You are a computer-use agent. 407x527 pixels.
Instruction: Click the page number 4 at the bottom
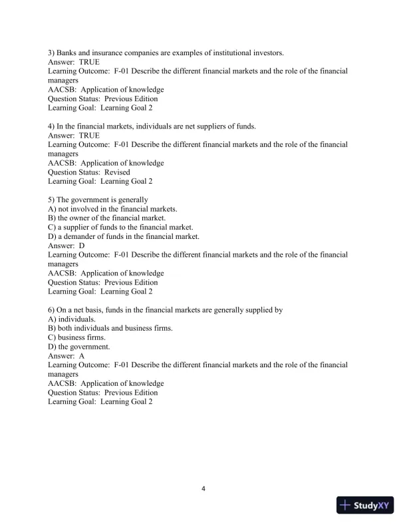[203, 489]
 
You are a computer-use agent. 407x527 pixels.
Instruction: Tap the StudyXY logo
[366, 505]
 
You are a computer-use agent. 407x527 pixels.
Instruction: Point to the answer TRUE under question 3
[88, 61]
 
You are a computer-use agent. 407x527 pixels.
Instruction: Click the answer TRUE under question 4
[88, 135]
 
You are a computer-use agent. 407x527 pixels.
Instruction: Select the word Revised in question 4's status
[117, 172]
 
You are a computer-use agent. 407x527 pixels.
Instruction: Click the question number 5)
[53, 200]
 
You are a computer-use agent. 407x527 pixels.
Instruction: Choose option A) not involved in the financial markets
[112, 209]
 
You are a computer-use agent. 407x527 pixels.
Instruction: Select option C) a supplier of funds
[120, 227]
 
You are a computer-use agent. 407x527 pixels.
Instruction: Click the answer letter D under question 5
[82, 246]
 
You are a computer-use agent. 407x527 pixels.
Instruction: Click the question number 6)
[53, 310]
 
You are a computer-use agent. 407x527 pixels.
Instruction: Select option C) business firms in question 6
[76, 337]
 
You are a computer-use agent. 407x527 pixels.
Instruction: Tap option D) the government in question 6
[79, 347]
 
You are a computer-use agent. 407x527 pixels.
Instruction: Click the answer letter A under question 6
[82, 356]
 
